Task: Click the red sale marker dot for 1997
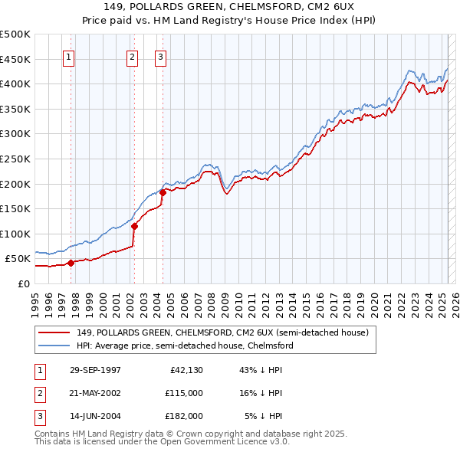pos(71,263)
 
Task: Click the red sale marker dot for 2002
pos(134,226)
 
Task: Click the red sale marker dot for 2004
pos(163,192)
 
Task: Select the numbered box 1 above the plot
pos(69,56)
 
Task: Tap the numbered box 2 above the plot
pos(132,56)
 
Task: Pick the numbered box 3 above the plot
pos(160,56)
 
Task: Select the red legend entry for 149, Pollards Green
pos(222,332)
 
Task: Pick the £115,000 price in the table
pos(183,393)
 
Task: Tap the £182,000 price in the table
pos(183,416)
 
